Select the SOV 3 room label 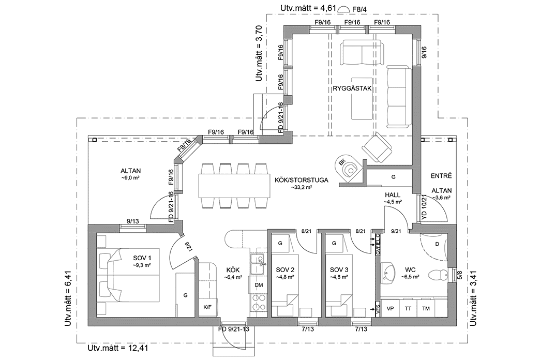pyautogui.click(x=339, y=269)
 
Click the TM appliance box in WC pyautogui.click(x=426, y=308)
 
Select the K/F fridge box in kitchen pyautogui.click(x=207, y=307)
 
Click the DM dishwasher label pyautogui.click(x=259, y=285)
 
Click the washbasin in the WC pyautogui.click(x=389, y=271)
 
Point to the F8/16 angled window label pyautogui.click(x=184, y=145)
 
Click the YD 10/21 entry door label pyautogui.click(x=423, y=206)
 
